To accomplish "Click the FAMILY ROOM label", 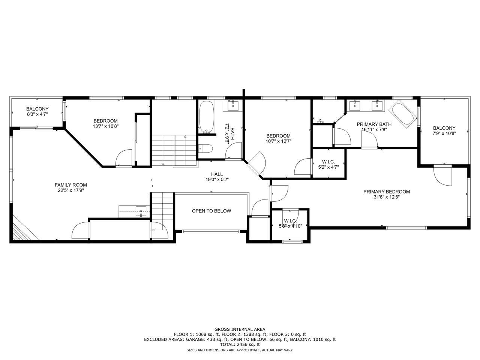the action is click(70, 185).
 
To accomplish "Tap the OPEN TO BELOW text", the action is click(211, 211).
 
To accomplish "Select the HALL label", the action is click(217, 174).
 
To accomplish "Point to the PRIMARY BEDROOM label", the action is click(387, 192).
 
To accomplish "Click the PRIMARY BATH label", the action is click(374, 124).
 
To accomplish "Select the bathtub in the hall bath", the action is click(206, 117).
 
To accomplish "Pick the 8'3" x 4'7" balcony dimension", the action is click(37, 114).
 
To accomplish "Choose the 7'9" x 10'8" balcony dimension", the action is click(444, 133).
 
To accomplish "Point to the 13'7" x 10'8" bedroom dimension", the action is click(106, 126).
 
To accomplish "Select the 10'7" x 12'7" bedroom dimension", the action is click(278, 141).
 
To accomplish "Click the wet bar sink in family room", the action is click(141, 211).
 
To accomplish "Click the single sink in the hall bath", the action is click(232, 106).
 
